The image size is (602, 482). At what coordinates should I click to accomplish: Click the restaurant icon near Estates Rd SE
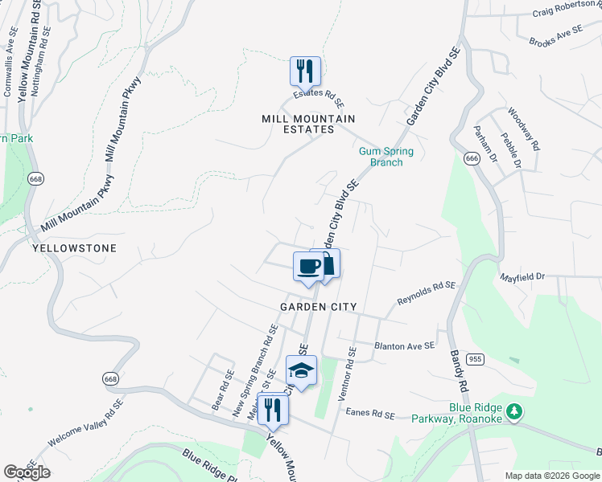coord(305,71)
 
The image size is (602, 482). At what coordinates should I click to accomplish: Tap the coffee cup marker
coord(308,265)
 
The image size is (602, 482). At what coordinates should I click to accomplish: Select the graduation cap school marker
coord(301,370)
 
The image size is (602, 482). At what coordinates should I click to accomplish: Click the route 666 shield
coord(472,159)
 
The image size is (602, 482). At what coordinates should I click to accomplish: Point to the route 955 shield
coord(476,359)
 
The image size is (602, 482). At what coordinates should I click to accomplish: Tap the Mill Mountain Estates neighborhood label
coord(308,124)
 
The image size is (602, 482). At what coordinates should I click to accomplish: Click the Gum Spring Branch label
coord(386,157)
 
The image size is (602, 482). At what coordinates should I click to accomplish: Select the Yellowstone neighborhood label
coord(74,249)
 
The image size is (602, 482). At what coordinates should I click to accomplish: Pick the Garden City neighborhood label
coord(318,307)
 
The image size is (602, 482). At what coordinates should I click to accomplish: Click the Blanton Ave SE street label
coord(404,345)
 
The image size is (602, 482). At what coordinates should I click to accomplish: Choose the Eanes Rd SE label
coord(371,415)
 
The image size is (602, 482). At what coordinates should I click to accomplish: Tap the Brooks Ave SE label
coord(555,35)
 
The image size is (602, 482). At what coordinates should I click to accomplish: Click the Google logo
coord(27,472)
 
